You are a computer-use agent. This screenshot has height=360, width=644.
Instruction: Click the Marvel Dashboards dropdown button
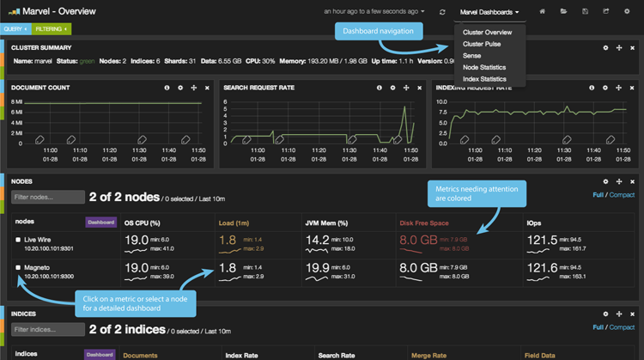click(x=489, y=12)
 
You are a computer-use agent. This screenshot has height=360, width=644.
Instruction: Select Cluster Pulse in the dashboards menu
click(x=482, y=44)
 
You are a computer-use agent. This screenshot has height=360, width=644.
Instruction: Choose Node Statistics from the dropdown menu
click(x=483, y=67)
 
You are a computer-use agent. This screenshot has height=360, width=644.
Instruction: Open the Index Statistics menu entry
click(x=483, y=79)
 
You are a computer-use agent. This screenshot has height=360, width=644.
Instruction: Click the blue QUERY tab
click(x=15, y=29)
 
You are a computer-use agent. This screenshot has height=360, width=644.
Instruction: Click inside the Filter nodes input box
click(x=48, y=198)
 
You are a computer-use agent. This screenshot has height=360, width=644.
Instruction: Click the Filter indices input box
click(x=48, y=330)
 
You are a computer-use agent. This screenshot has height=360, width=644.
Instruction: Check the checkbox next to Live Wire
click(x=18, y=240)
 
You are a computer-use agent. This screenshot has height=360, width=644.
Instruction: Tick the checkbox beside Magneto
click(x=18, y=267)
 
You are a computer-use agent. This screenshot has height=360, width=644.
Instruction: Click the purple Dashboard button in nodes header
click(x=100, y=222)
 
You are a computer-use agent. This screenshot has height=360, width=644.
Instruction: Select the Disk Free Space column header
click(x=423, y=223)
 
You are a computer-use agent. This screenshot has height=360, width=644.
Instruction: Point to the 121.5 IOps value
click(x=542, y=240)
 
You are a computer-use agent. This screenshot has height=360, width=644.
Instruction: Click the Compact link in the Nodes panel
click(x=622, y=195)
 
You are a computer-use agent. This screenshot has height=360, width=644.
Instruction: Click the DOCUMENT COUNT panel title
click(x=41, y=88)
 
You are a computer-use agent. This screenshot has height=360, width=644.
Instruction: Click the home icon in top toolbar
click(x=542, y=12)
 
